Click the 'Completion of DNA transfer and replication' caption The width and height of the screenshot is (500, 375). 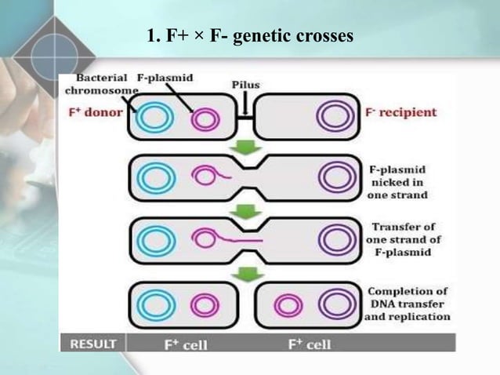tap(407, 304)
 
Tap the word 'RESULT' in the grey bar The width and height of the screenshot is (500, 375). tap(92, 344)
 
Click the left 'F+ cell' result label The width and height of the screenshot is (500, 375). tap(184, 344)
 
